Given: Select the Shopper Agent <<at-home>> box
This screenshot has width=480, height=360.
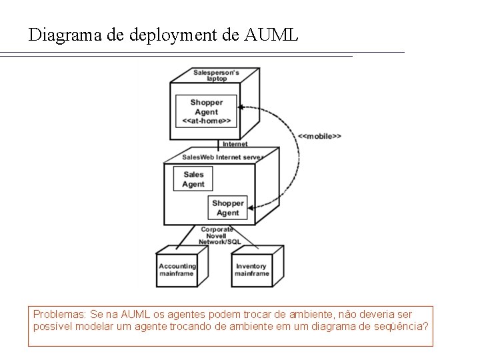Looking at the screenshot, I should pyautogui.click(x=207, y=112).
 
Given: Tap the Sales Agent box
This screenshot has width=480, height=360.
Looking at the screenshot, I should pyautogui.click(x=193, y=179).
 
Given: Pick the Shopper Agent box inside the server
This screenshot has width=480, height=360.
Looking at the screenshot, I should pyautogui.click(x=228, y=208).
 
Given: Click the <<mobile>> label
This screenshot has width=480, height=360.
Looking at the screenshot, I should pyautogui.click(x=319, y=135).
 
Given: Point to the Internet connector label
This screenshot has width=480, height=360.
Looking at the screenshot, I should pyautogui.click(x=235, y=144).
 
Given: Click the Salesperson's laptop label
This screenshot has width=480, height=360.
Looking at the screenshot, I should pyautogui.click(x=217, y=75).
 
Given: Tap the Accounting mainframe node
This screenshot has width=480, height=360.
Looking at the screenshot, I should pyautogui.click(x=177, y=270).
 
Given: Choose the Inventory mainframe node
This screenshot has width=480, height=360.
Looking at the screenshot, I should pyautogui.click(x=252, y=270).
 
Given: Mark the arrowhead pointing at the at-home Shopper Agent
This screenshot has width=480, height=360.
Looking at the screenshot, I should pyautogui.click(x=245, y=106).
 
